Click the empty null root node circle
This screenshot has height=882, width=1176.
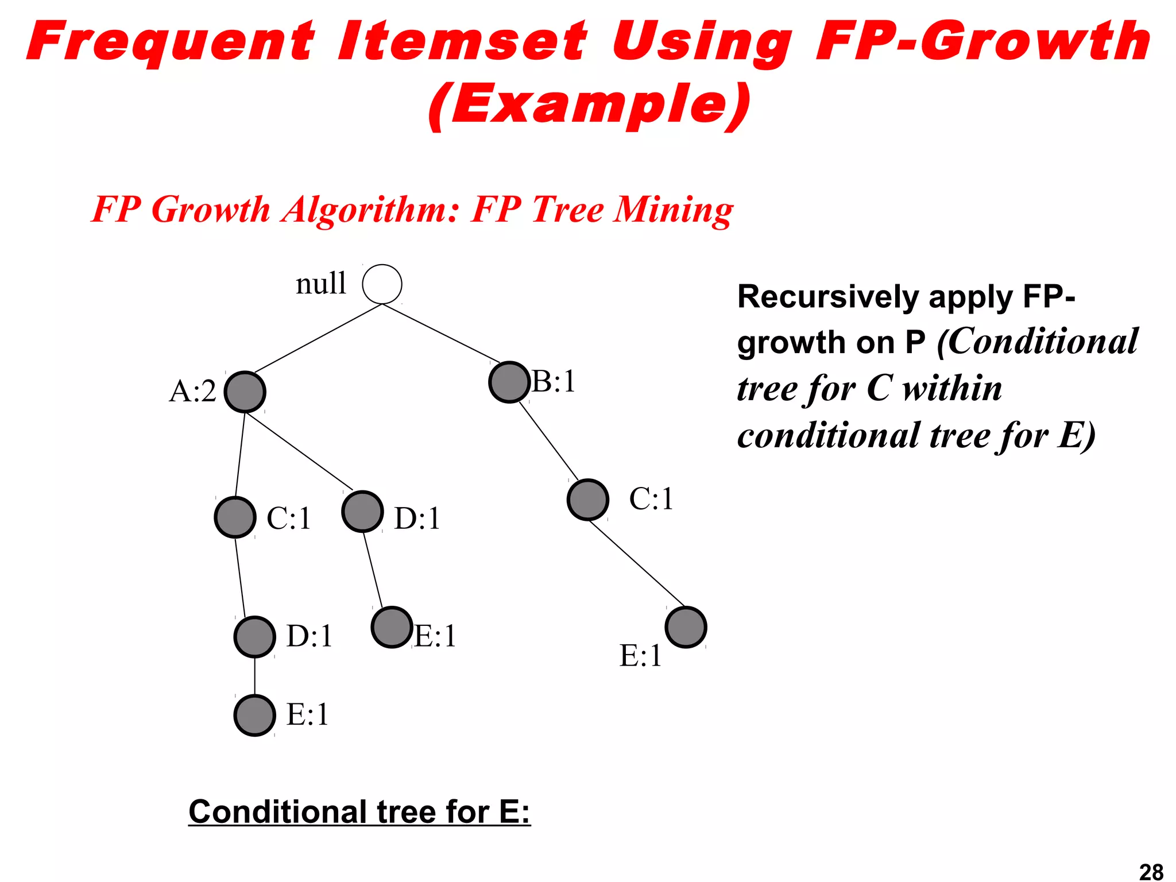coord(382,284)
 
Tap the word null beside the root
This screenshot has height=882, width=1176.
coord(321,284)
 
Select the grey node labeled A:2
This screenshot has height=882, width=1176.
coord(245,392)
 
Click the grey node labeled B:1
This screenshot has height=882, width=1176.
coord(509,382)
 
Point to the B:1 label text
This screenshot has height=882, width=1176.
coord(554,381)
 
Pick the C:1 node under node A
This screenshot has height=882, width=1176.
coord(235,517)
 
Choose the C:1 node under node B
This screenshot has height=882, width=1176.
coord(587,500)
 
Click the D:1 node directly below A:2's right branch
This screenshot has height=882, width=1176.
coord(362,512)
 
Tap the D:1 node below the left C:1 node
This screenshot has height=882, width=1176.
coord(254,637)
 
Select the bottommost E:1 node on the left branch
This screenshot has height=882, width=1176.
coord(254,715)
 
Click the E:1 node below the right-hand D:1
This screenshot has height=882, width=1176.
coord(392,627)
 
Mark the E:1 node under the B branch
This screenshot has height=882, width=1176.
coord(686,627)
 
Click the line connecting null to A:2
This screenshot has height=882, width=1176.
coord(318,339)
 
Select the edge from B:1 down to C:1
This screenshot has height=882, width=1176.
coord(548,440)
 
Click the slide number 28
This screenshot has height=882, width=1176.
coord(1151,872)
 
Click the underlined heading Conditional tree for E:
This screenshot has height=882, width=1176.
coord(359,812)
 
